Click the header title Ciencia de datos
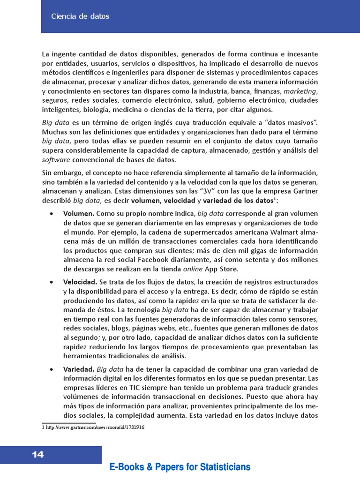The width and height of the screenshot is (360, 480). (80, 16)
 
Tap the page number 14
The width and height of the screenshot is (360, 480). (37, 454)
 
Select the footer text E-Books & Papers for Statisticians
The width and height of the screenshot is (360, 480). (180, 467)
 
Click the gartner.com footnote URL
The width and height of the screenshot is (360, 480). (94, 427)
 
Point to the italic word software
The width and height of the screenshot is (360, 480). (55, 159)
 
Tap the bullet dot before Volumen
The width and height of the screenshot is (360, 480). (51, 214)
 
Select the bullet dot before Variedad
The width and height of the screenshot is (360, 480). (51, 369)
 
